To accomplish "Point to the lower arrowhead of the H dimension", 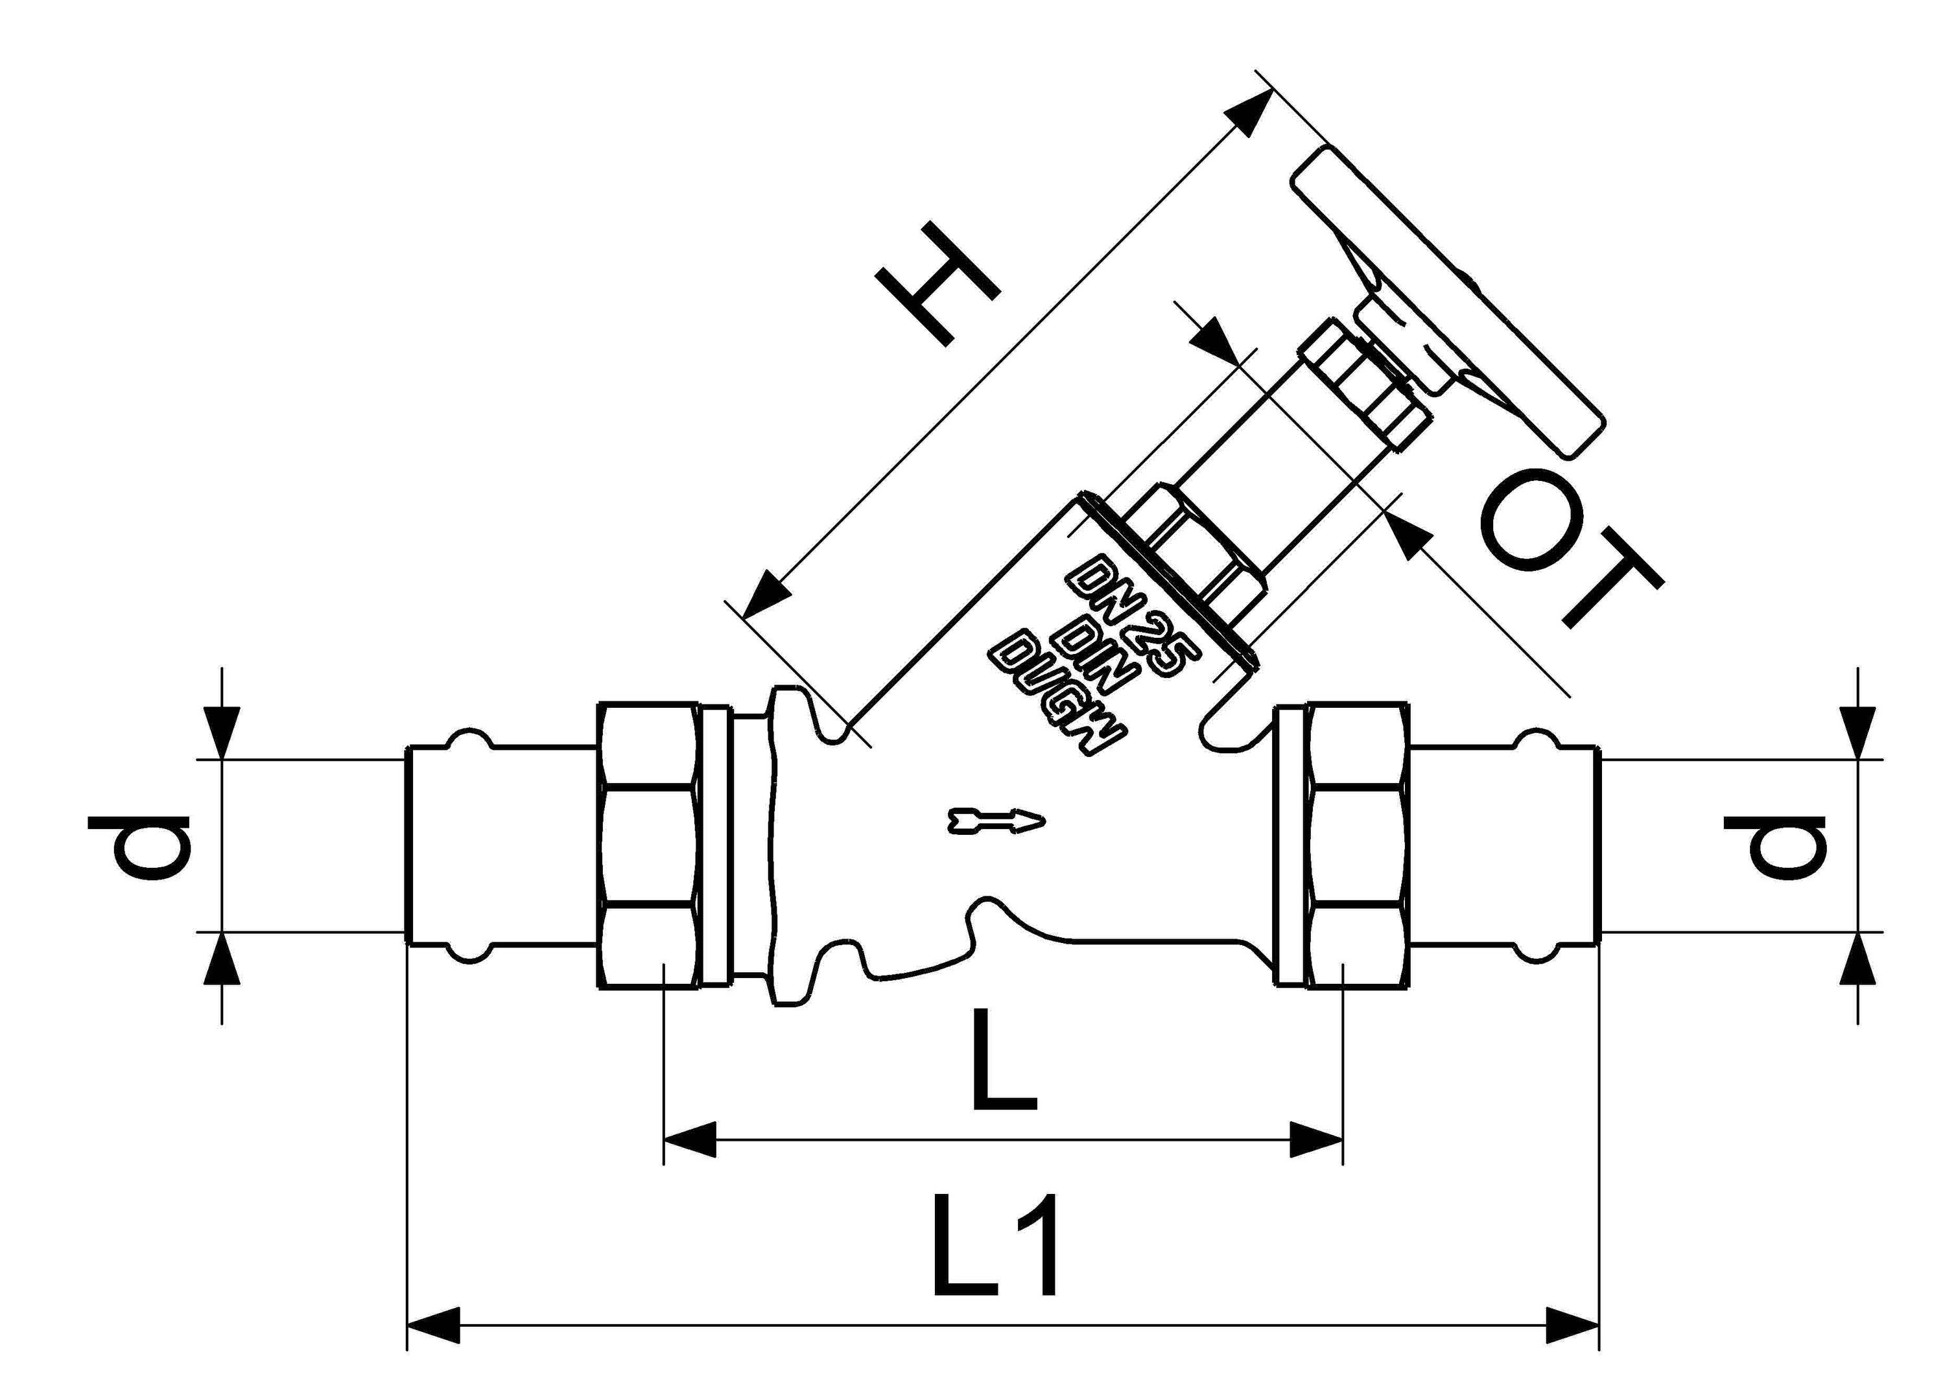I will click(x=766, y=595).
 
